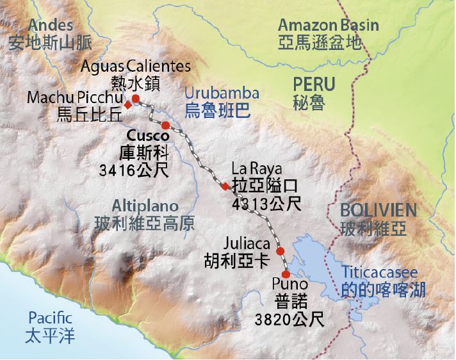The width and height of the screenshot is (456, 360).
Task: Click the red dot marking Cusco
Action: (x=165, y=125)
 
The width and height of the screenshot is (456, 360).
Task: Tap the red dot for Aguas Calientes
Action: (x=136, y=98)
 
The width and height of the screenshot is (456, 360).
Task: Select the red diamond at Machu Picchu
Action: (x=128, y=104)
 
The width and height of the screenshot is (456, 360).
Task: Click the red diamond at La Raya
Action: (x=224, y=186)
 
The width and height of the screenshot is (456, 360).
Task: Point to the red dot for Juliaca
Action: (x=280, y=250)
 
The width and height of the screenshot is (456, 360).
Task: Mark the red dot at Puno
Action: (x=286, y=274)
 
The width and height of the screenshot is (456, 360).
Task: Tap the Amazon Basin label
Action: (x=328, y=26)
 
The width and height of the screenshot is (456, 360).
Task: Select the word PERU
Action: (x=314, y=84)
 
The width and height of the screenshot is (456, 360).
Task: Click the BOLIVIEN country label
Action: (x=379, y=210)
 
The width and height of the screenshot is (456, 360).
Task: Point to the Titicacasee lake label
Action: (x=384, y=272)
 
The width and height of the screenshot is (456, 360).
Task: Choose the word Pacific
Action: (x=50, y=318)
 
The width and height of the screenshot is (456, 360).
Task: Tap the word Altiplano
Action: (x=142, y=206)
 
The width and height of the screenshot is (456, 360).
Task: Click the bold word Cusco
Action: (x=148, y=136)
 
